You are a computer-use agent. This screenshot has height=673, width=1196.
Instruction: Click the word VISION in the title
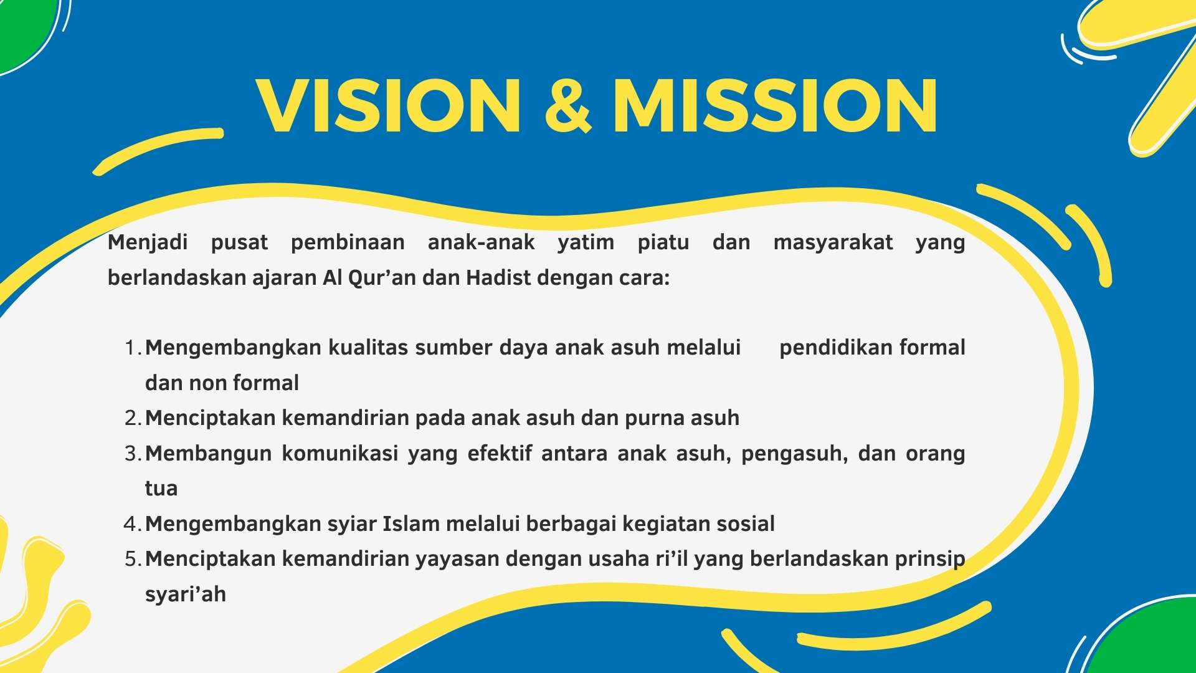pos(389,106)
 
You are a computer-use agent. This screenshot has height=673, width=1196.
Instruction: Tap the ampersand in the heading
pos(567,106)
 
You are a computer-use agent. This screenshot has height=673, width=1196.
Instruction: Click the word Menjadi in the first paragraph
pos(148,242)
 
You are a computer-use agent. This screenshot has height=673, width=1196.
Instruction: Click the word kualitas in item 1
pos(368,348)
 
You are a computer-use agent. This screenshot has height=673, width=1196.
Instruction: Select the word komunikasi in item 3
pos(340,453)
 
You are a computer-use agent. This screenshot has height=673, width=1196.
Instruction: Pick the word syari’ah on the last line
pos(185,594)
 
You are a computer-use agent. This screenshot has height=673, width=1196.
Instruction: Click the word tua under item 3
pos(161,489)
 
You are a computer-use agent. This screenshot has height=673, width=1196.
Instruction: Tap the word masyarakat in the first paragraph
pos(833,242)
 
